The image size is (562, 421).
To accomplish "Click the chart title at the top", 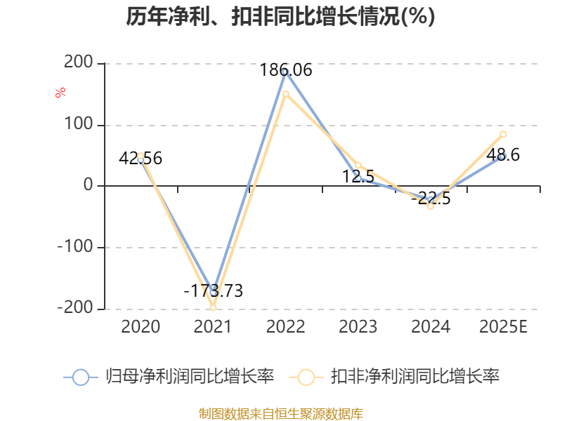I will (281, 17).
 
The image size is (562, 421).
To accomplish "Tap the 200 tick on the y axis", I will (79, 63).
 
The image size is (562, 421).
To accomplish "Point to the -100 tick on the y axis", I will (75, 247).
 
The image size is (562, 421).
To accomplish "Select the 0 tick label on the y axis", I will (88, 185).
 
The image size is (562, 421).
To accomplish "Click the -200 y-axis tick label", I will (75, 307).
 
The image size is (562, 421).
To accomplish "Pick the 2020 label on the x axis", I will (140, 327).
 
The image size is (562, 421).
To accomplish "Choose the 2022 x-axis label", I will (285, 327).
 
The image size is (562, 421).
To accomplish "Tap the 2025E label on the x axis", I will (503, 327).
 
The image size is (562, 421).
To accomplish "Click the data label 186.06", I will (285, 70).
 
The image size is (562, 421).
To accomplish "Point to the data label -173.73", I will (213, 291).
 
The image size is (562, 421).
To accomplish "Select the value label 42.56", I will (140, 159).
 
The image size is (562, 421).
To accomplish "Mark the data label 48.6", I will (503, 155).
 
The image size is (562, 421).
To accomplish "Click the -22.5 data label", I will (431, 199).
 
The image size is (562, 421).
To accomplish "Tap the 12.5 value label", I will (358, 177).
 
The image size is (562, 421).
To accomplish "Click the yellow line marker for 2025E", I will (503, 134).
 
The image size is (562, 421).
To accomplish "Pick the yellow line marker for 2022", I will (285, 93).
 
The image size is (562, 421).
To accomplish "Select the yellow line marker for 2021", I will (213, 307).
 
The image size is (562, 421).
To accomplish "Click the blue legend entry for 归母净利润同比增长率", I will (169, 377).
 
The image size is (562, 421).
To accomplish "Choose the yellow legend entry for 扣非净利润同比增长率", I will (398, 377).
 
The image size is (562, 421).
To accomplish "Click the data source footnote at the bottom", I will (281, 413).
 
